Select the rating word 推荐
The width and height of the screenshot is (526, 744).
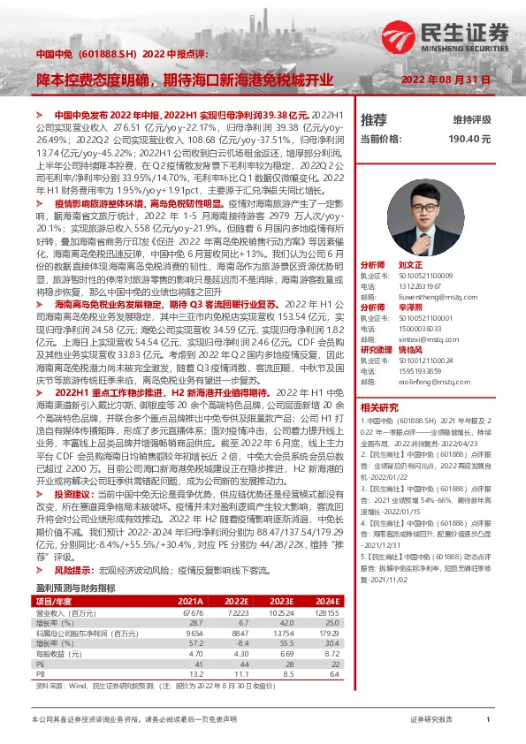pyautogui.click(x=374, y=118)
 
